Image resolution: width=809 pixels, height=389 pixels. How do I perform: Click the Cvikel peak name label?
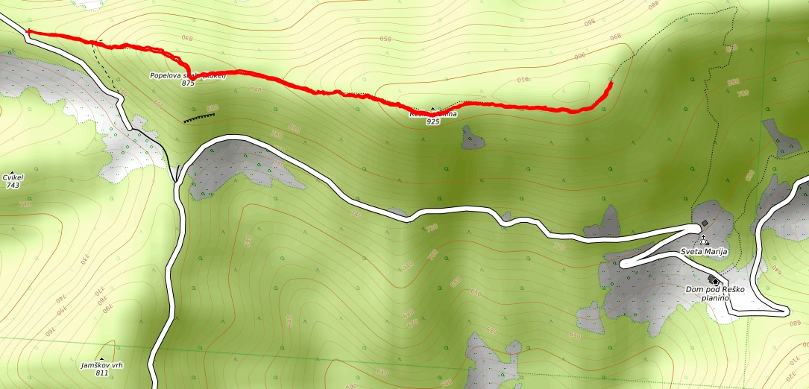click(x=13, y=177)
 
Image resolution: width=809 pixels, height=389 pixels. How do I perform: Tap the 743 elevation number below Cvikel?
click(x=13, y=185)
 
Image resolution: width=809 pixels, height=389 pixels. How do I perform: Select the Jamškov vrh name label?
click(x=102, y=365)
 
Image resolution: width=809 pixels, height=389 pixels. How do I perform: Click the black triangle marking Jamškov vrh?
click(x=102, y=357)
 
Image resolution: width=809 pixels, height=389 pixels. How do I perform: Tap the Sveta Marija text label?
click(x=702, y=251)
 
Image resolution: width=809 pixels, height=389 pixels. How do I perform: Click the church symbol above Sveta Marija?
click(x=703, y=241)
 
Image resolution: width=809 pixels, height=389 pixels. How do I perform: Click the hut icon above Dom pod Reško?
click(x=714, y=281)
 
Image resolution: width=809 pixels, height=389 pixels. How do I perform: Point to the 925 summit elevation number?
click(x=432, y=121)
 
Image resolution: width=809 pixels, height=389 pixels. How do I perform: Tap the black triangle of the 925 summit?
click(x=432, y=109)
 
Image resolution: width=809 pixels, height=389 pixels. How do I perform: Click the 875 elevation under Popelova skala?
click(x=188, y=83)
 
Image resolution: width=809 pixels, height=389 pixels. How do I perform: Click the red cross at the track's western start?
click(x=28, y=32)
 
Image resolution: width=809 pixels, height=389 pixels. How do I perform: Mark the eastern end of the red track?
click(x=611, y=83)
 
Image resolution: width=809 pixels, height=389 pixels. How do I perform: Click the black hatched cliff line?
click(x=200, y=117)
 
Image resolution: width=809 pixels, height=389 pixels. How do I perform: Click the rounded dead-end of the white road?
click(x=623, y=263)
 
